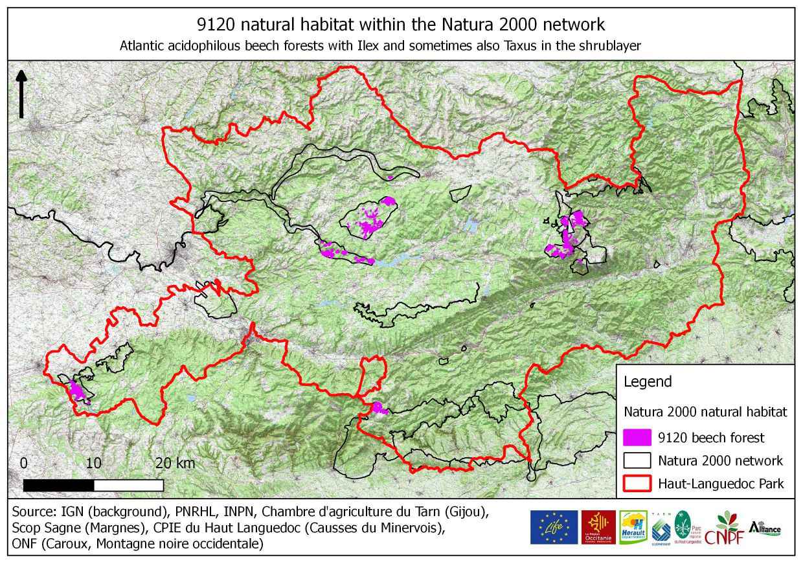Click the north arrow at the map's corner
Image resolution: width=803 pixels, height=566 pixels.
[21, 94]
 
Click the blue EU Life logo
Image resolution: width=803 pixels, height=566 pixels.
[554, 526]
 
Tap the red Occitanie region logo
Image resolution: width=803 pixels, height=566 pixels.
[598, 526]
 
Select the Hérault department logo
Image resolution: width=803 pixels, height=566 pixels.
[633, 526]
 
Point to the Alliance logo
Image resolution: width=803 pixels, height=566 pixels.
[765, 527]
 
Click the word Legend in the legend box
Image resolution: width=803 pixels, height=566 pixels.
[647, 381]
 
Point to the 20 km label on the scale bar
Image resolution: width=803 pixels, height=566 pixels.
[175, 464]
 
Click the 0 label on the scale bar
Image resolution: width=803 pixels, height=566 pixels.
[24, 464]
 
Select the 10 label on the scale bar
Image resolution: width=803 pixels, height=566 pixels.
[93, 464]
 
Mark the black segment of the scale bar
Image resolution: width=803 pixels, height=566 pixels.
[59, 485]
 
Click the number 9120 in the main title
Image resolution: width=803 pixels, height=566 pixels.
[218, 25]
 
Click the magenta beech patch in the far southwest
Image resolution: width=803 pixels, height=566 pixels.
[77, 391]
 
